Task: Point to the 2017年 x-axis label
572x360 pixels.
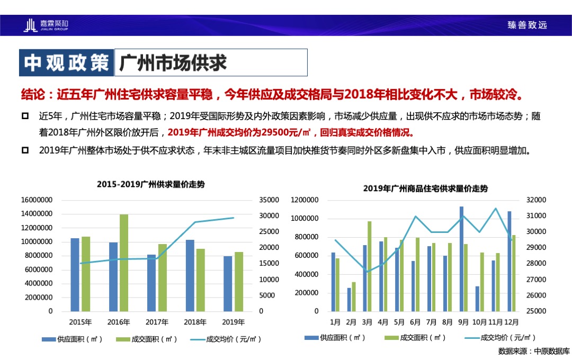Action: (x=157, y=322)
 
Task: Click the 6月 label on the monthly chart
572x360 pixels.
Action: (x=416, y=322)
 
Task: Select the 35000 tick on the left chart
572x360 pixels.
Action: (x=270, y=200)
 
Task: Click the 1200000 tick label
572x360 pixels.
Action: (x=305, y=200)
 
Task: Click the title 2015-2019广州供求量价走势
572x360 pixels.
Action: (x=151, y=185)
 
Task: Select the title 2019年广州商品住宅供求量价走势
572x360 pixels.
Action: (x=425, y=188)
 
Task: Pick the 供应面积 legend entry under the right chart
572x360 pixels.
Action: (x=335, y=337)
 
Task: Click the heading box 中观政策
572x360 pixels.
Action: (x=66, y=62)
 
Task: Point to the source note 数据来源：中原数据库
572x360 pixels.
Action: (x=533, y=351)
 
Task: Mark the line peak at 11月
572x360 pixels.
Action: (x=496, y=209)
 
